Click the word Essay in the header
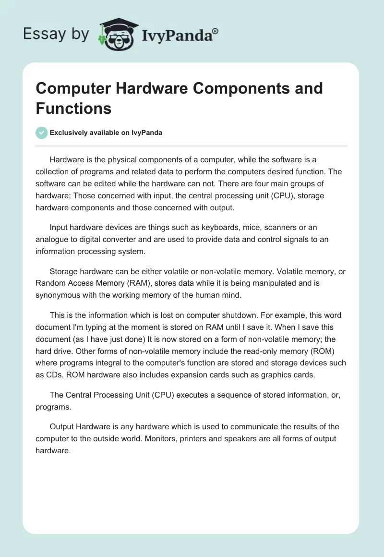tap(44, 34)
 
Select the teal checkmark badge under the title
tap(42, 133)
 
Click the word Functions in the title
tap(73, 108)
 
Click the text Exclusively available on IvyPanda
tap(106, 133)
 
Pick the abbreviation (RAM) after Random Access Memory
tap(139, 283)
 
